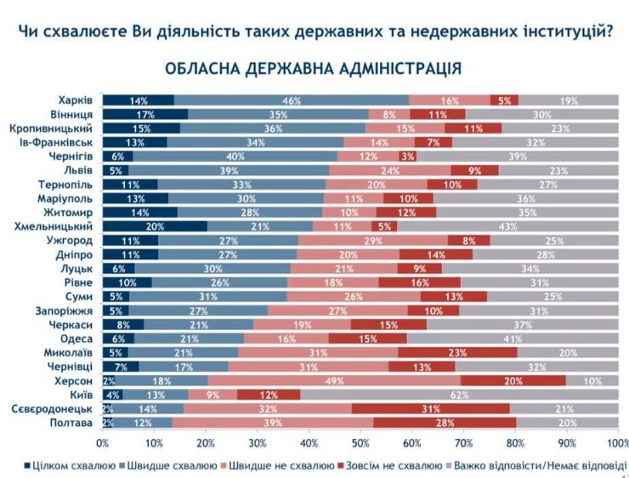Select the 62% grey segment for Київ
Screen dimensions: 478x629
click(x=459, y=395)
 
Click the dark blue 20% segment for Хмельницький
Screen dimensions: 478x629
click(x=155, y=226)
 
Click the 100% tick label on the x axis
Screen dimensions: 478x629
click(x=617, y=443)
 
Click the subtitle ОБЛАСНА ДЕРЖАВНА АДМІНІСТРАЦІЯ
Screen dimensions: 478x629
click(x=314, y=67)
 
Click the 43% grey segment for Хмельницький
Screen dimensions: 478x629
click(x=508, y=226)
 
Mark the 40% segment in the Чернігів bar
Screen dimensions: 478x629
click(x=235, y=156)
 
